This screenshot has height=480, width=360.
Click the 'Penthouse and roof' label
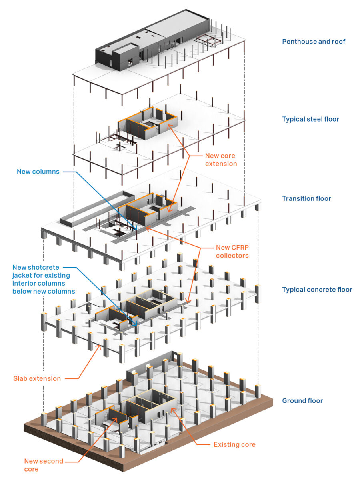coord(314,42)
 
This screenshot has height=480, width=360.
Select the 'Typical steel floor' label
coord(310,119)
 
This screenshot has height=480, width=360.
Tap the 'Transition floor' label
coord(306,198)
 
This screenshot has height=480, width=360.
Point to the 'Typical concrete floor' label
coord(317,290)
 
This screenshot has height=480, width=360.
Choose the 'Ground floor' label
coord(302,401)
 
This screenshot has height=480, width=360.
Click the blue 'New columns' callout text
coord(38,172)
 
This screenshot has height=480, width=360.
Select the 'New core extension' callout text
coord(221,160)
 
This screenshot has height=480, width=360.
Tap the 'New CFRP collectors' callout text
coord(232,252)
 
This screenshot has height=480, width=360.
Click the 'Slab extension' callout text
coord(37,378)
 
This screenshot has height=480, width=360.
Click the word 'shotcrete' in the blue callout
coord(45,267)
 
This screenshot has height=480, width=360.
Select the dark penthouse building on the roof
coord(152,41)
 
